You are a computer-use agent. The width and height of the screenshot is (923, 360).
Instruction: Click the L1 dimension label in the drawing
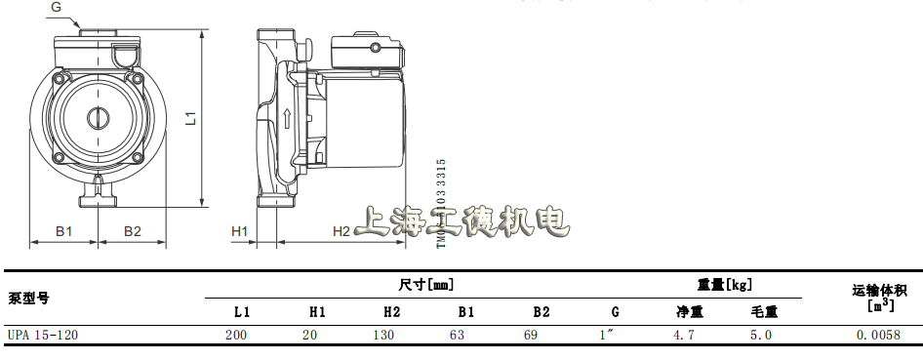tap(192, 118)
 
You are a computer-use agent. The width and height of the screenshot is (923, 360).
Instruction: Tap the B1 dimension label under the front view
tap(63, 231)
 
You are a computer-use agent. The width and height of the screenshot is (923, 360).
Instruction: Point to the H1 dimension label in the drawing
tap(240, 231)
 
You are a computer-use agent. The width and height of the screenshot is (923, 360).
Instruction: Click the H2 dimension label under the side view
tap(341, 231)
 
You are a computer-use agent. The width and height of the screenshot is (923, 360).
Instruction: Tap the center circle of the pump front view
tap(100, 117)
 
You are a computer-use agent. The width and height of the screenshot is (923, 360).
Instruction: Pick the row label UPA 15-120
tap(42, 335)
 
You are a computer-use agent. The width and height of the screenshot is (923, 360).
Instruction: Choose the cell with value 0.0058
tap(879, 335)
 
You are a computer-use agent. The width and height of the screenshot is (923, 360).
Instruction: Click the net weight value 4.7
tap(685, 335)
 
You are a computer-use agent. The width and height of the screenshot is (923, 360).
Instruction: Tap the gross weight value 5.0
tap(762, 335)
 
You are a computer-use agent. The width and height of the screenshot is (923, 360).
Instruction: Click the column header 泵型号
tap(28, 298)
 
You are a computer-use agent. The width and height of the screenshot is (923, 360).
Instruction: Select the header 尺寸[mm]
tap(427, 285)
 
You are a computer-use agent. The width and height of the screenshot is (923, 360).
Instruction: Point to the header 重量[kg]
tap(724, 285)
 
